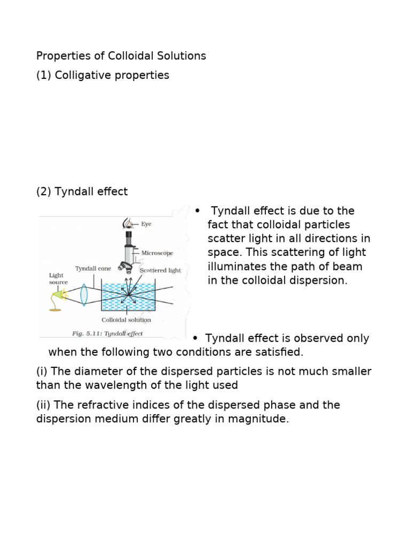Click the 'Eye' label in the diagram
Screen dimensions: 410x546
[146, 224]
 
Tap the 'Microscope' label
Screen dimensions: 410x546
[157, 253]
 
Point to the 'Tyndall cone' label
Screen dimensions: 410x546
[93, 269]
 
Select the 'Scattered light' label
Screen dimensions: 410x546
[160, 270]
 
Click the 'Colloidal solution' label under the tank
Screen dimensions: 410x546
[127, 320]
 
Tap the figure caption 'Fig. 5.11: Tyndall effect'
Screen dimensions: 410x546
[107, 334]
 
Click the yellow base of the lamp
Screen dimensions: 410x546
[56, 309]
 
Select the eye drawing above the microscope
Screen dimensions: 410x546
[128, 222]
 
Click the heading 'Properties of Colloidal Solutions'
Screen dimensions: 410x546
[121, 56]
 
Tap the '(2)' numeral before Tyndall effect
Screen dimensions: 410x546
[43, 191]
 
